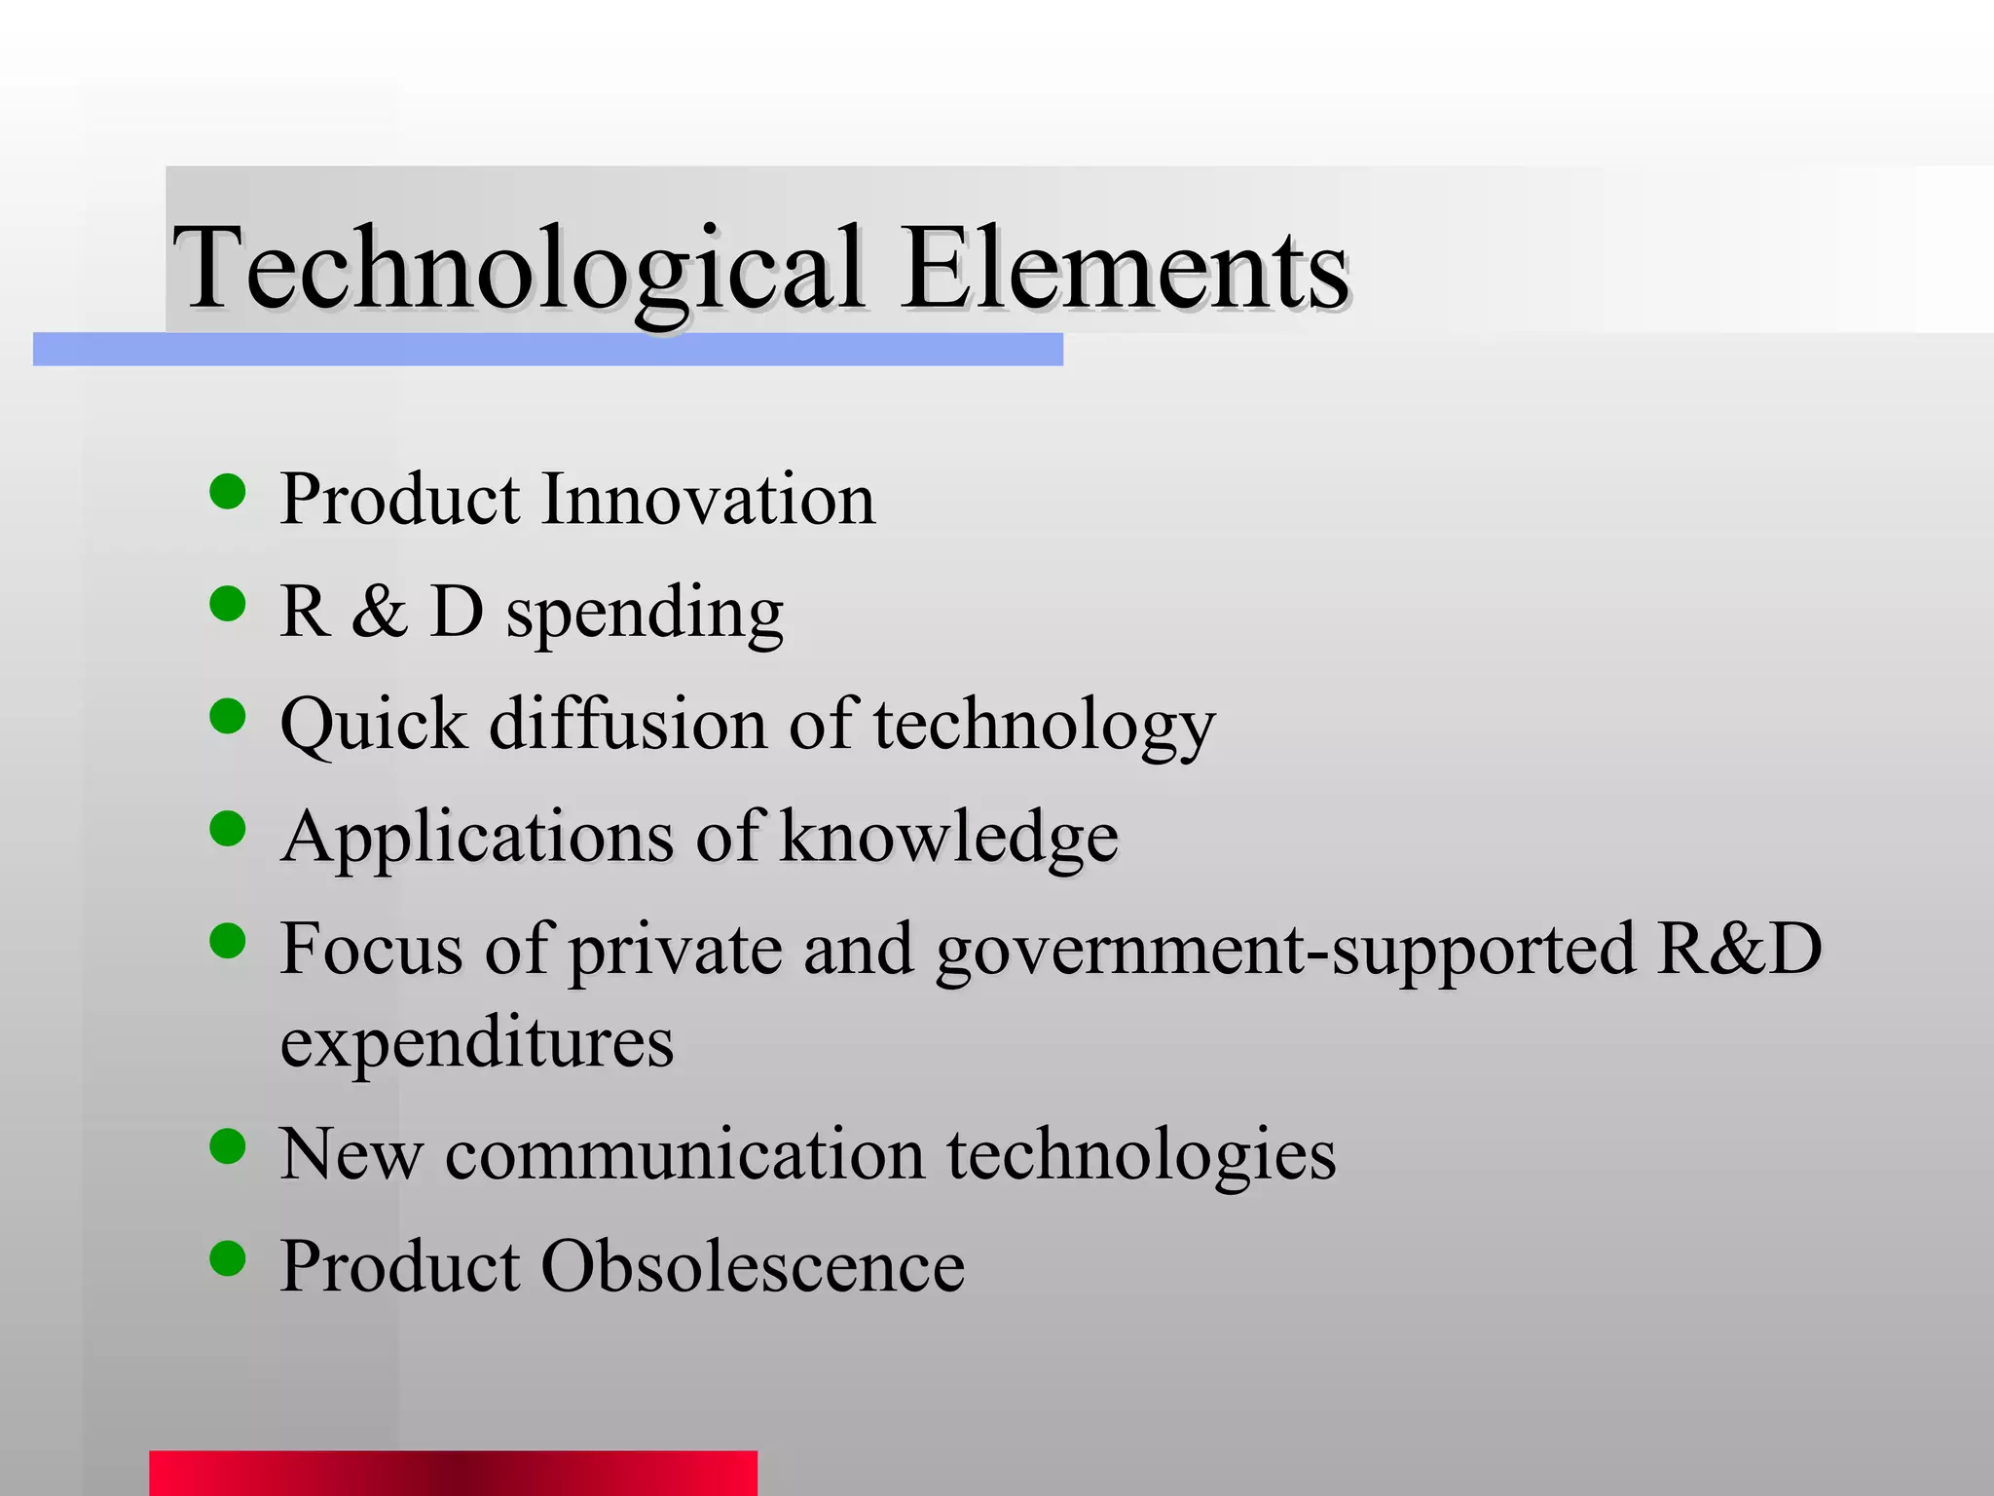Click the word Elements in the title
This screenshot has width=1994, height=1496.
(1125, 268)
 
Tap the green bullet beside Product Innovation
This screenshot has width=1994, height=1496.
(228, 492)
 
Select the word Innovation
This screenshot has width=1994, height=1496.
(708, 499)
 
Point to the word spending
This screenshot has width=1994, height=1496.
(645, 614)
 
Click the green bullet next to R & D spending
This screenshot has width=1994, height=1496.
(228, 604)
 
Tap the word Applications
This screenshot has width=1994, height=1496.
(476, 838)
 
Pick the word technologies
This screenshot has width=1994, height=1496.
(1141, 1156)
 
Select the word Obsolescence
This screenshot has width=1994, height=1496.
(753, 1266)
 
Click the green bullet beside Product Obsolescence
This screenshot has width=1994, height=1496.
(228, 1258)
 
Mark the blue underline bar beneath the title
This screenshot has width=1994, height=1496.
(547, 349)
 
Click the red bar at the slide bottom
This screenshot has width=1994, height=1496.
(453, 1473)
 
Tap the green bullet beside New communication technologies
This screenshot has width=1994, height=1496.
(228, 1146)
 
